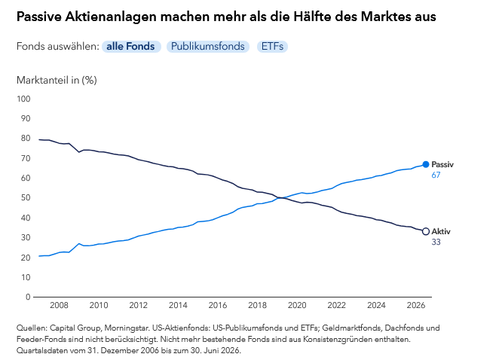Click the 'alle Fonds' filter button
[131, 47]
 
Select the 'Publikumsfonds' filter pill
[208, 47]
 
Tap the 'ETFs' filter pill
[272, 47]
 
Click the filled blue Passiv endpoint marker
[425, 164]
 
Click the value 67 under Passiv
[436, 175]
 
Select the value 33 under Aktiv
[436, 242]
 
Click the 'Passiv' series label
[442, 164]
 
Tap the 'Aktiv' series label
[441, 231]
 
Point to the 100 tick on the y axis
[23, 99]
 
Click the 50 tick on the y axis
[26, 198]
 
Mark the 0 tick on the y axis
[28, 297]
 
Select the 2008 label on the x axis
[59, 305]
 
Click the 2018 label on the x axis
[257, 305]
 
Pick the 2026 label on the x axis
[416, 305]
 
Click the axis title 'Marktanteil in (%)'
[57, 80]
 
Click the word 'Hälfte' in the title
[312, 17]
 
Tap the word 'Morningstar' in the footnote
[127, 328]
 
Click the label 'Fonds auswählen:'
[58, 47]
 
